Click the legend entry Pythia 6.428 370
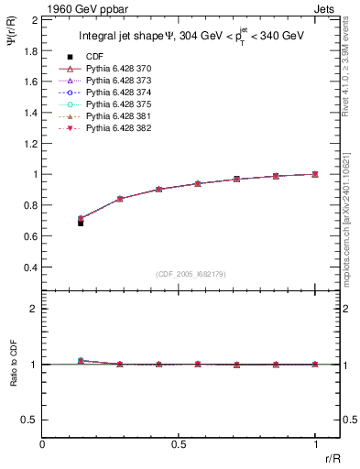tap(117, 70)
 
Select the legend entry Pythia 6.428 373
tap(117, 82)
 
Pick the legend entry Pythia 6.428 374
tap(117, 93)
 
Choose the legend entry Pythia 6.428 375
tap(117, 104)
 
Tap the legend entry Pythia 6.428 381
tap(117, 116)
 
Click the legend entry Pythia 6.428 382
tap(117, 127)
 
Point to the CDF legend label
tap(93, 58)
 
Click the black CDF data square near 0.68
tap(81, 223)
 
